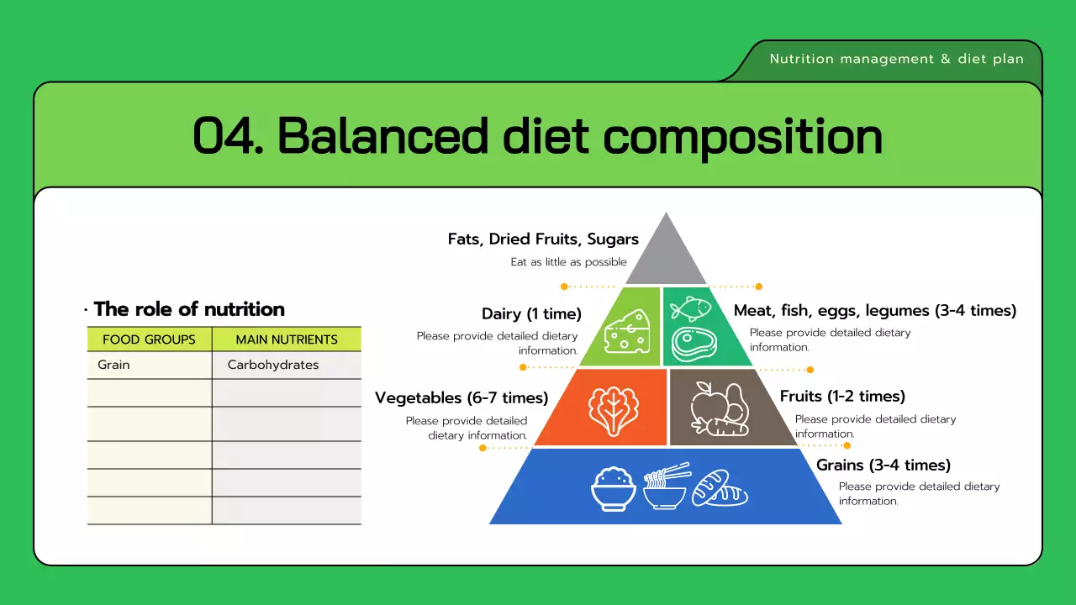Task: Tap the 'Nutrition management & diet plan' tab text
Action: pyautogui.click(x=896, y=59)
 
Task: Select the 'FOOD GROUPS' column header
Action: pyautogui.click(x=149, y=339)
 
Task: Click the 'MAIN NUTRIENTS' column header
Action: pyautogui.click(x=287, y=339)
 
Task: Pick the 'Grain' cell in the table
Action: pyautogui.click(x=113, y=365)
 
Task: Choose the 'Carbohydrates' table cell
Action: pyautogui.click(x=273, y=365)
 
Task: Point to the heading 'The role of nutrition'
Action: pyautogui.click(x=189, y=309)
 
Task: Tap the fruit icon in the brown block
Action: pyautogui.click(x=719, y=408)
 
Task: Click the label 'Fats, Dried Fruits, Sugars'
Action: pyautogui.click(x=543, y=239)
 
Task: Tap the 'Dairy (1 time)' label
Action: pyautogui.click(x=531, y=314)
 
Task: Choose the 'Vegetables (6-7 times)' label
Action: pyautogui.click(x=462, y=397)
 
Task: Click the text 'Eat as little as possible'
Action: pyautogui.click(x=569, y=262)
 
